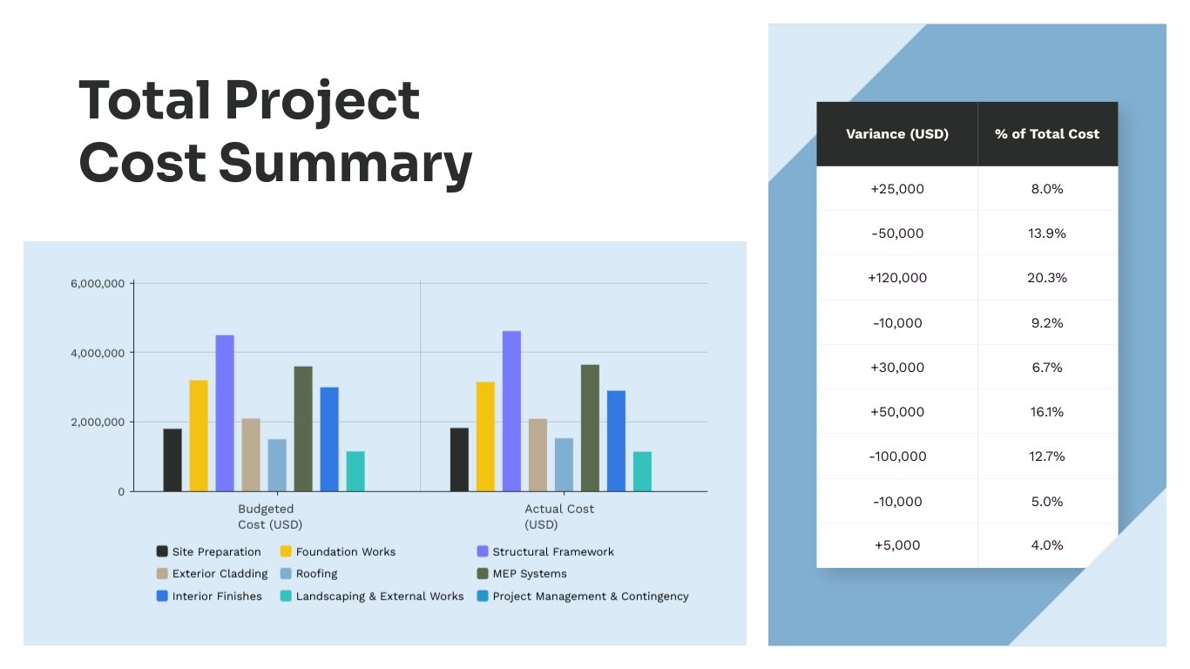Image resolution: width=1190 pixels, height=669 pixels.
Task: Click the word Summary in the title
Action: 345,163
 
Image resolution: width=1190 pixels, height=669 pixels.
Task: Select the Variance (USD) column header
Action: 896,134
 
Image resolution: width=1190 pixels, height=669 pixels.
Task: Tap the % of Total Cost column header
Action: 1047,134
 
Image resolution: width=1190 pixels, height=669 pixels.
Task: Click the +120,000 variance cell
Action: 896,278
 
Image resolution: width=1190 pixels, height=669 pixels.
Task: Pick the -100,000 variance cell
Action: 896,456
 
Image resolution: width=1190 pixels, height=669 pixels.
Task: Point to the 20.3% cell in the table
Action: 1047,278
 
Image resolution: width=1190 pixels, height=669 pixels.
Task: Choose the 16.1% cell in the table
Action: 1047,412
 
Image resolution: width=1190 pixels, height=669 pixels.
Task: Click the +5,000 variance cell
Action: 896,545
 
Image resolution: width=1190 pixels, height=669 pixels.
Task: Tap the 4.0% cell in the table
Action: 1047,545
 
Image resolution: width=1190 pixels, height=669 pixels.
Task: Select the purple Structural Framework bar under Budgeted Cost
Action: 225,414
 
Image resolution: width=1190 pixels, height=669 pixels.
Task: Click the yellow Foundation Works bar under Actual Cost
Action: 485,436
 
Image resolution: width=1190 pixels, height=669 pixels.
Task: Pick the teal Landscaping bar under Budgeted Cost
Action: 355,471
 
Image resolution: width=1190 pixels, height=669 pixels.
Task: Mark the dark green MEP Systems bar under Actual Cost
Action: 590,428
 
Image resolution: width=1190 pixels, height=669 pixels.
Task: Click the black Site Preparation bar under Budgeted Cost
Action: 172,460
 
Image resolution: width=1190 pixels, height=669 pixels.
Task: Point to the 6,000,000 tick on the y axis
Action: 98,283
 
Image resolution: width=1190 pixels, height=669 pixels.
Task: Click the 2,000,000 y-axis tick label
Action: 98,422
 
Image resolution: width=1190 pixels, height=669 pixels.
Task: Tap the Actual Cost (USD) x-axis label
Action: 558,517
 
